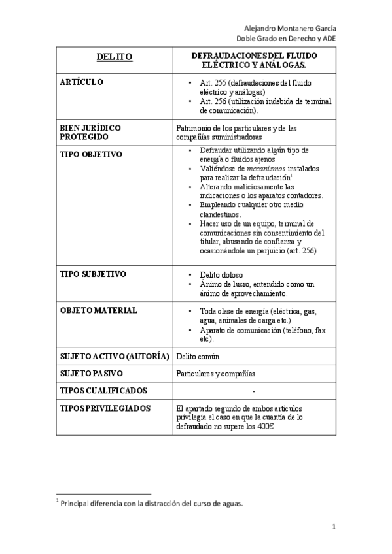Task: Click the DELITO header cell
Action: pos(115,57)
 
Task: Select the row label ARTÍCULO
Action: pos(82,83)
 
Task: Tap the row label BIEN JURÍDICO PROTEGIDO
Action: pos(90,133)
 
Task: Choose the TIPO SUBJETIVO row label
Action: pos(93,274)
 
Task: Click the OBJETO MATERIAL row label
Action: pos(98,311)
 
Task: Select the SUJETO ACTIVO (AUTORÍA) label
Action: pos(115,356)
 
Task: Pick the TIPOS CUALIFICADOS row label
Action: pos(103,391)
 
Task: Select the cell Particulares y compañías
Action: pos(215,374)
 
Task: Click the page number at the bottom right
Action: pos(333,527)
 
